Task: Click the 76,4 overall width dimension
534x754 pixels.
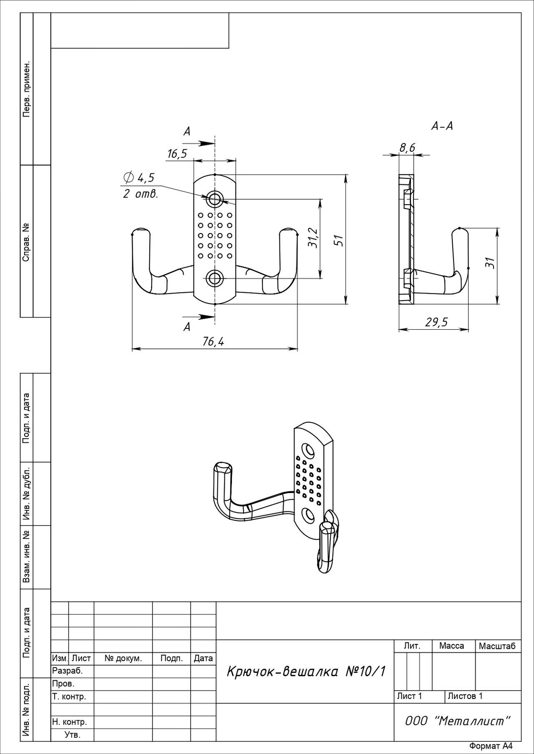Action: click(x=213, y=342)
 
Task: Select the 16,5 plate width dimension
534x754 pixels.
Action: click(x=177, y=154)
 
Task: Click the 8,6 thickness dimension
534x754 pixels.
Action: click(x=407, y=147)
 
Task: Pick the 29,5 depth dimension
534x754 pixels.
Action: click(x=436, y=322)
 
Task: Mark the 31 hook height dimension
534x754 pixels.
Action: click(x=491, y=262)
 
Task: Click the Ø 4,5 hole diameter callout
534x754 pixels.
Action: click(x=139, y=178)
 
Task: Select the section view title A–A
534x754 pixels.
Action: click(x=442, y=126)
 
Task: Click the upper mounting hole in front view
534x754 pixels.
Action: click(x=215, y=199)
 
